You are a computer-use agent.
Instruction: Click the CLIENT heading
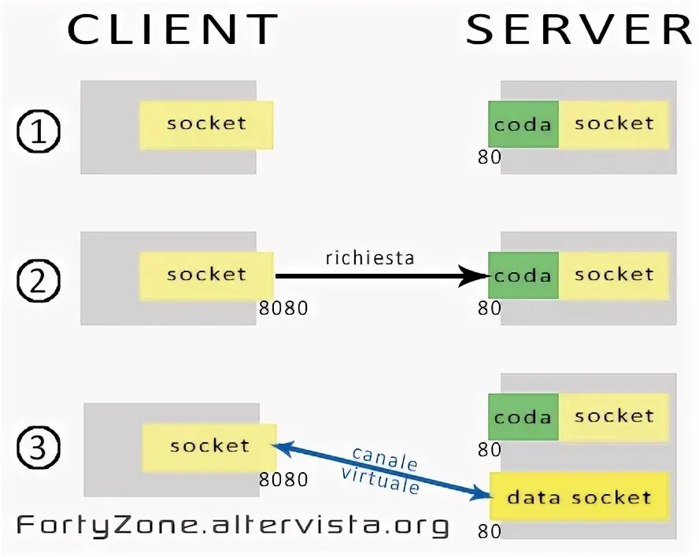(x=172, y=29)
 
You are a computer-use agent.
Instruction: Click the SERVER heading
(x=579, y=29)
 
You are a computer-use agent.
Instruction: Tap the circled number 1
(x=39, y=132)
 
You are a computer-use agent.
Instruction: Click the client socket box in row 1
(x=206, y=124)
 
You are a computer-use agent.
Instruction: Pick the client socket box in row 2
(x=206, y=275)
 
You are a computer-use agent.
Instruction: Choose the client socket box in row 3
(x=209, y=447)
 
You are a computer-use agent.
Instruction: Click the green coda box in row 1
(x=523, y=125)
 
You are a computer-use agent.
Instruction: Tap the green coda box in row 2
(x=523, y=276)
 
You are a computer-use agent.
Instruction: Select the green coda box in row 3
(x=523, y=417)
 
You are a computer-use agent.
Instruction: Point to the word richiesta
(x=369, y=258)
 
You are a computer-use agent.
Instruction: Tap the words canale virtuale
(x=382, y=470)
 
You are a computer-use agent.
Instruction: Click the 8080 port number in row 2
(x=283, y=308)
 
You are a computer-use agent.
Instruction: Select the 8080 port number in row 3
(x=283, y=479)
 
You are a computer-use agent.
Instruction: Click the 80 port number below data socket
(x=489, y=532)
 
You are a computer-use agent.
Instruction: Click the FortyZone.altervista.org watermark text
(x=233, y=525)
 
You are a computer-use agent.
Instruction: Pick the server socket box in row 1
(x=614, y=124)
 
